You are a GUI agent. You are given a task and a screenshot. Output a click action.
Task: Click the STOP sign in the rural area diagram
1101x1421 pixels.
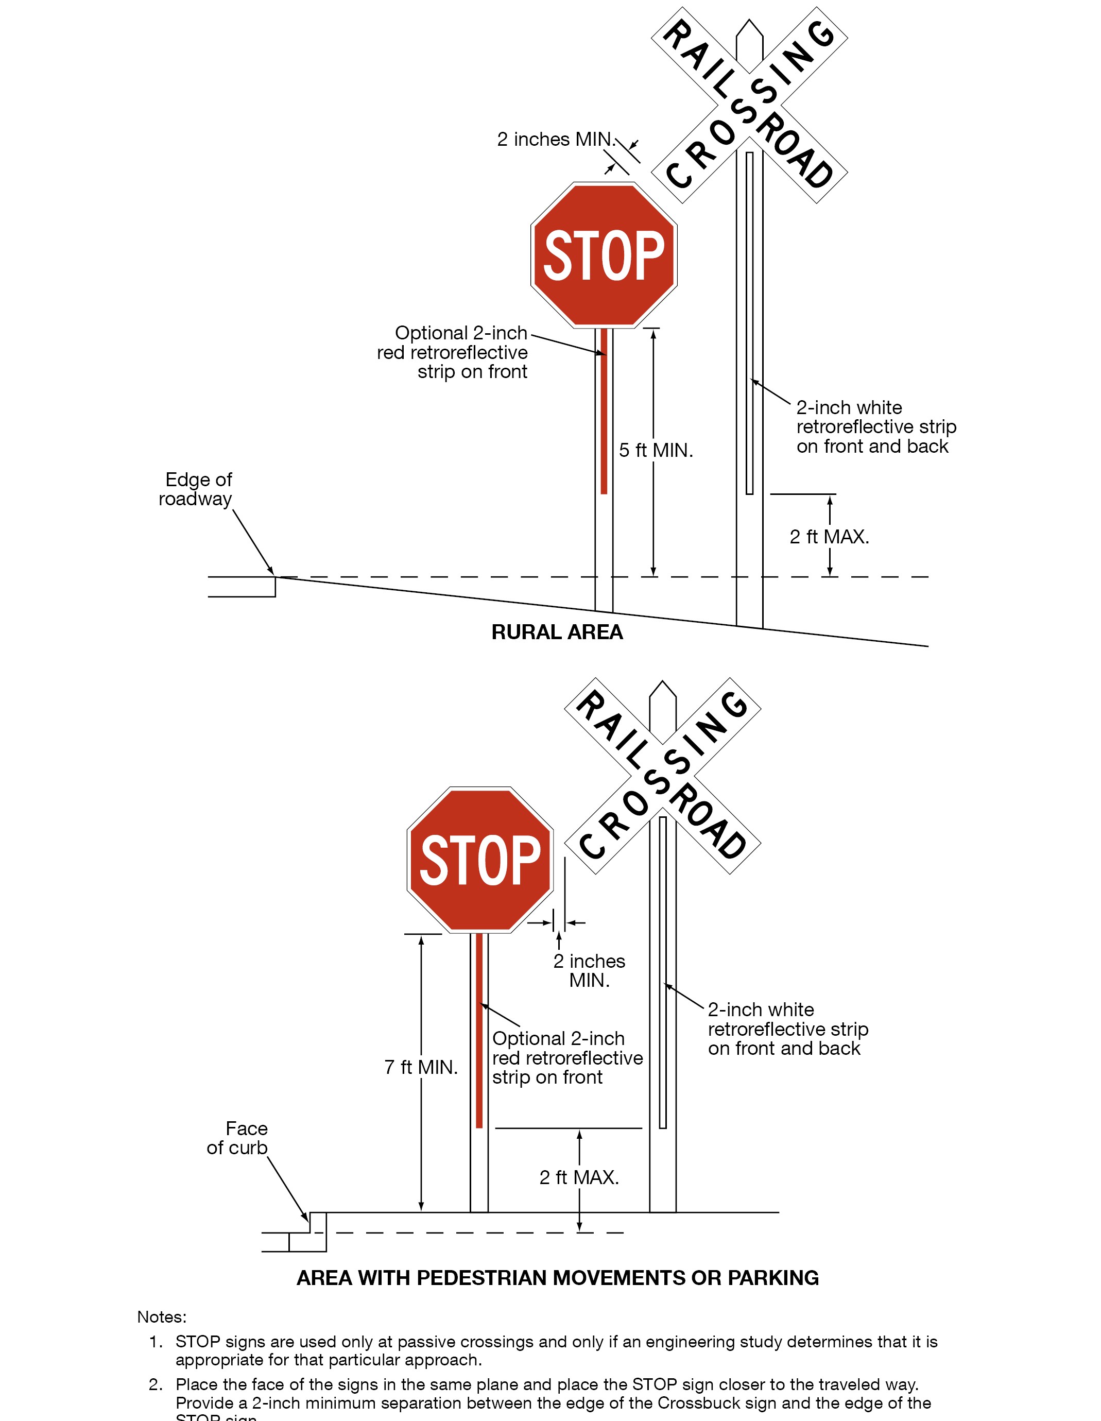[x=604, y=254]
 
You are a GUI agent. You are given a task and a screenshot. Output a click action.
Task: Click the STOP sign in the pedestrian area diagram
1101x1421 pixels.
[x=480, y=860]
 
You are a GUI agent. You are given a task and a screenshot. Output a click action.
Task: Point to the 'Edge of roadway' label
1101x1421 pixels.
[x=196, y=489]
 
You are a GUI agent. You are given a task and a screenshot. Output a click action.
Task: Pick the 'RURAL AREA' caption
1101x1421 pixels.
[x=557, y=632]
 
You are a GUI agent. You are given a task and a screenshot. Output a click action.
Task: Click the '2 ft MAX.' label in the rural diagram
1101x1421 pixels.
[x=829, y=537]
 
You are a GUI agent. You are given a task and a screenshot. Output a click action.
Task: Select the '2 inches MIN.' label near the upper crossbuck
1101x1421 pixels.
[x=555, y=139]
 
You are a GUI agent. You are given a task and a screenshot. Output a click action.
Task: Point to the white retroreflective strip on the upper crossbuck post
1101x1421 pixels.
[x=750, y=326]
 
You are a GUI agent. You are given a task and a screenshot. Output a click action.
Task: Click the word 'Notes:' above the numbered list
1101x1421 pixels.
[x=161, y=1317]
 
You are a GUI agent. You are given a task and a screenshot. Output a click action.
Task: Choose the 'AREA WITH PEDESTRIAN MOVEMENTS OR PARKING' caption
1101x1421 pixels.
[x=558, y=1278]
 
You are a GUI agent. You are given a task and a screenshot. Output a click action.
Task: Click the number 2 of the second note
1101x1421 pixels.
[x=155, y=1384]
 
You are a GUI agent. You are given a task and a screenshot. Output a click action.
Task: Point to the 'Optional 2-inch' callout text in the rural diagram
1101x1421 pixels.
[x=461, y=333]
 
